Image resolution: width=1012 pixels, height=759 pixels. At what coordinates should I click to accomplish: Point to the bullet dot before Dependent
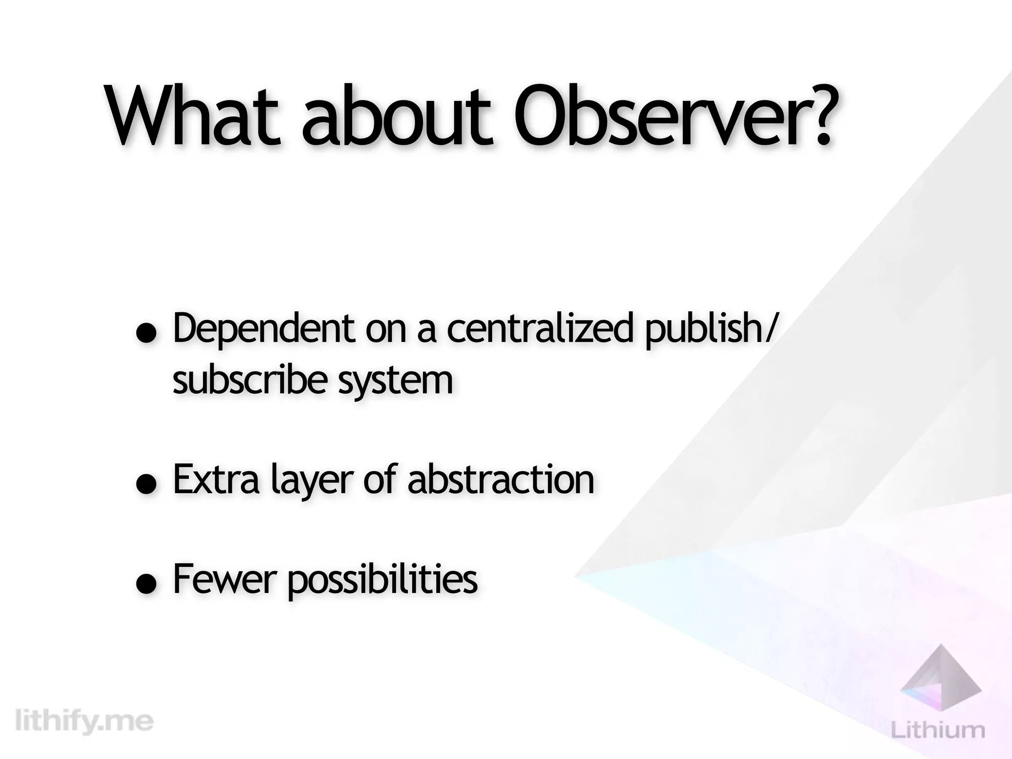pos(147,334)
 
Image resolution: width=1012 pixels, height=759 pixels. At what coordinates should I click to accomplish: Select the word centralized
pos(540,328)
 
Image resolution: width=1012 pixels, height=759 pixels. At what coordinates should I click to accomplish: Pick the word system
pos(395,381)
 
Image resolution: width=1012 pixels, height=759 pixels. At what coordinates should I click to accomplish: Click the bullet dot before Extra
pos(147,485)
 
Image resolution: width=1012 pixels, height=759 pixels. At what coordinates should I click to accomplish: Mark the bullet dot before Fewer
pos(147,584)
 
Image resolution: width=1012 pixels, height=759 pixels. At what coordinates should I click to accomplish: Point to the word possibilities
pos(382,580)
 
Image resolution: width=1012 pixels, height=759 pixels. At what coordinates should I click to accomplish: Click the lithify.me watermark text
pos(84,722)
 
